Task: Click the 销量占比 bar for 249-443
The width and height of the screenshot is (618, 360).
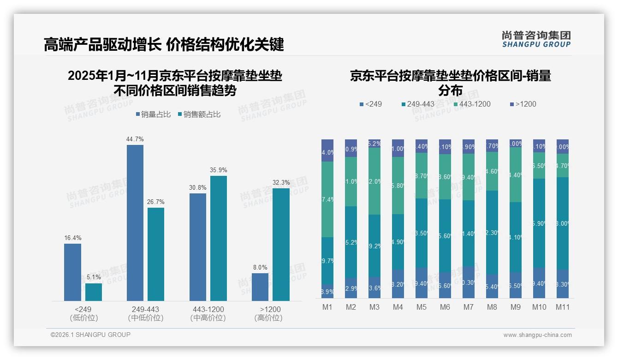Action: (135, 223)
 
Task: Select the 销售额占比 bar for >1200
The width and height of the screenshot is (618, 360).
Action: (281, 245)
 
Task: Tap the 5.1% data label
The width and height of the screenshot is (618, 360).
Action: (94, 277)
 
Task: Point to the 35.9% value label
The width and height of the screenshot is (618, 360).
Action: (219, 170)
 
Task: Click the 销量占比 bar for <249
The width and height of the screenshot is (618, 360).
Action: (72, 272)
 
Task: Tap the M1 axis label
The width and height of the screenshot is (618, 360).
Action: (327, 307)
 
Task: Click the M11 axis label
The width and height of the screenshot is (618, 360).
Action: (562, 307)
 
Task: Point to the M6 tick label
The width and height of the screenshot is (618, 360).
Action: (445, 307)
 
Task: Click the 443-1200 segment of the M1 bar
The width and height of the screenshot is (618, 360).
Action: (327, 199)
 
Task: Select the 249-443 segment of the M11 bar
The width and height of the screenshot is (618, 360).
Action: (562, 223)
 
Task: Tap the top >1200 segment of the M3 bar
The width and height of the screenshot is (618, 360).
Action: (374, 144)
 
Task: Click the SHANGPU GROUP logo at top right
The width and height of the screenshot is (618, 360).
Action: (536, 39)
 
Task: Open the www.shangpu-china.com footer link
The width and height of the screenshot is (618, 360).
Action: (537, 335)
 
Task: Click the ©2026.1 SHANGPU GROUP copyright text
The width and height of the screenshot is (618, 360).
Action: (90, 335)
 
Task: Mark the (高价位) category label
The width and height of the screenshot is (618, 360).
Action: (268, 318)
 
